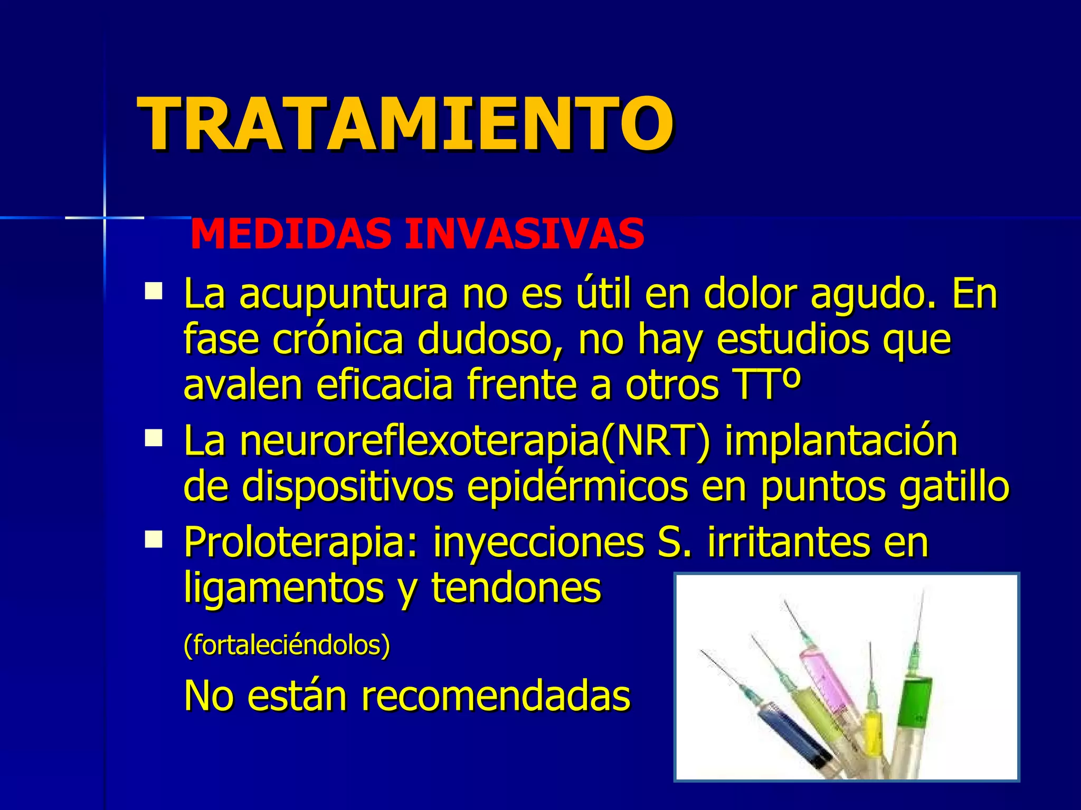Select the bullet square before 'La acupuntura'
[x=154, y=291]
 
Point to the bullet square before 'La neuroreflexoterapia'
[x=154, y=438]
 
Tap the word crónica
[x=338, y=340]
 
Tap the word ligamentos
[x=283, y=589]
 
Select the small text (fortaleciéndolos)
[x=287, y=644]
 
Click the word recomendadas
[x=495, y=696]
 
